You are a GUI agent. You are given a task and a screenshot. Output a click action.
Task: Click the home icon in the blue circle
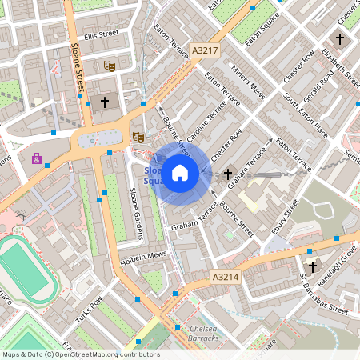180,172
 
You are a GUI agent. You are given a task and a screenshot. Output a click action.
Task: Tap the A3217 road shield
205,50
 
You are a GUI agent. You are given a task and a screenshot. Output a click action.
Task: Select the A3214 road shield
226,277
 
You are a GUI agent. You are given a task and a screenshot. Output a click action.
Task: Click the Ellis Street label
101,35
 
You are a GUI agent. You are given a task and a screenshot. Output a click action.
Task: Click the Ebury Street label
285,217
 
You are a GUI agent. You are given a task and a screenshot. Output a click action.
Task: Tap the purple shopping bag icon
37,158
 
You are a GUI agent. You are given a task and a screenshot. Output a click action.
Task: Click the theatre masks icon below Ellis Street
110,63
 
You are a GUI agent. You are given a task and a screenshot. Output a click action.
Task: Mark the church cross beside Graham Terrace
228,173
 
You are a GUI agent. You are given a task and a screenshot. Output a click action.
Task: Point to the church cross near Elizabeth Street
339,38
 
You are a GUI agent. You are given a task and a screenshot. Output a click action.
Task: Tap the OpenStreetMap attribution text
80,354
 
